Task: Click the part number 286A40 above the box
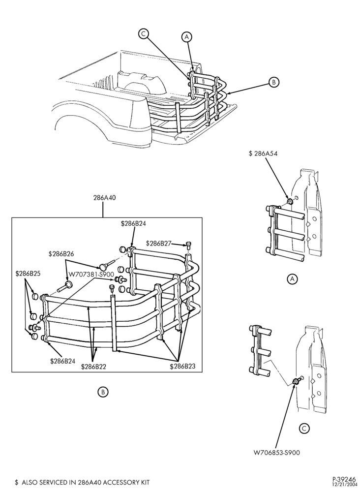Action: pyautogui.click(x=103, y=198)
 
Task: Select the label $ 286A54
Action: pyautogui.click(x=263, y=154)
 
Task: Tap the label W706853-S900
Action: pyautogui.click(x=276, y=453)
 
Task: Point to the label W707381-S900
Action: pyautogui.click(x=91, y=275)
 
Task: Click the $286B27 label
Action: pyautogui.click(x=159, y=244)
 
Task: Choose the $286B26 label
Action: pyautogui.click(x=61, y=254)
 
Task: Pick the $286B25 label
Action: pyautogui.click(x=28, y=274)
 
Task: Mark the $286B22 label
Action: pyautogui.click(x=93, y=367)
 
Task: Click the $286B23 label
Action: pyautogui.click(x=182, y=366)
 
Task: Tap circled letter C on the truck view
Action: pyautogui.click(x=143, y=33)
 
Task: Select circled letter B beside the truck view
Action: pyautogui.click(x=274, y=82)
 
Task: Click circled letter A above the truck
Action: pyautogui.click(x=187, y=37)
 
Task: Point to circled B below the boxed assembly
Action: pyautogui.click(x=103, y=392)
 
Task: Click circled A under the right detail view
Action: pyautogui.click(x=293, y=278)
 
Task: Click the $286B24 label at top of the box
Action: pyautogui.click(x=133, y=224)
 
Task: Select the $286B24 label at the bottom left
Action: pyautogui.click(x=63, y=361)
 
